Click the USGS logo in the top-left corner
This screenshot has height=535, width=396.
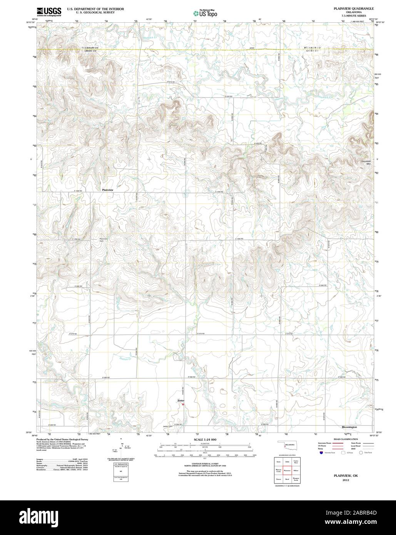(x=48, y=12)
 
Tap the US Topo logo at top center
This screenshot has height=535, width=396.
(x=206, y=13)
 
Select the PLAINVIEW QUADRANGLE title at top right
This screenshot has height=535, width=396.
(x=345, y=8)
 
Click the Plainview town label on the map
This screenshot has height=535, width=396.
(x=107, y=190)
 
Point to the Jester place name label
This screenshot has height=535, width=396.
(x=180, y=401)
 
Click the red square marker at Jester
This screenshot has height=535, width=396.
(x=183, y=404)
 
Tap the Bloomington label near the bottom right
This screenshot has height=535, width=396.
(x=349, y=427)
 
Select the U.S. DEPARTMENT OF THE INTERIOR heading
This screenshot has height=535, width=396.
(x=95, y=8)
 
